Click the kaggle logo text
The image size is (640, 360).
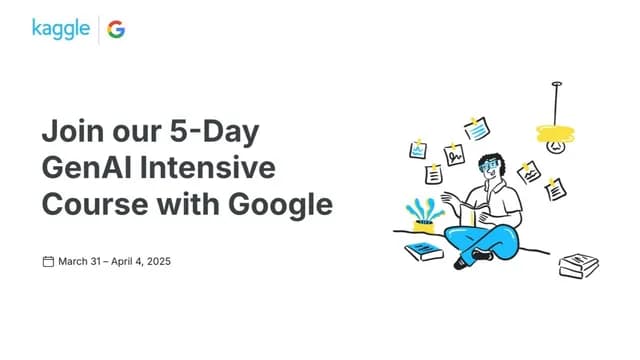60,27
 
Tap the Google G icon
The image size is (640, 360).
117,28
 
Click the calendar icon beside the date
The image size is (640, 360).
47,262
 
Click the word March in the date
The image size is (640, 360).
75,262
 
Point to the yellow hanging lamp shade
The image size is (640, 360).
557,131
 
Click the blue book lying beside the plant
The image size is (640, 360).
424,251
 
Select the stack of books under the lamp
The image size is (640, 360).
578,265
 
